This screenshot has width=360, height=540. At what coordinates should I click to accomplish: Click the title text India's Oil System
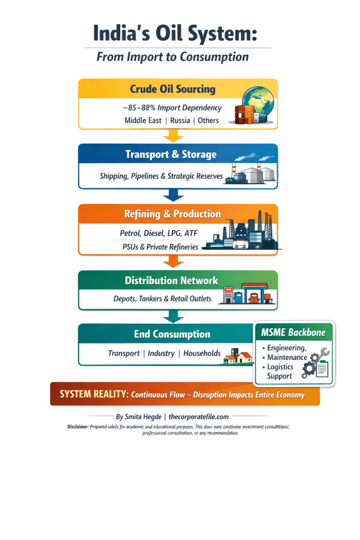click(176, 33)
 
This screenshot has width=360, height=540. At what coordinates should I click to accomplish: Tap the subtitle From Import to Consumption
click(172, 57)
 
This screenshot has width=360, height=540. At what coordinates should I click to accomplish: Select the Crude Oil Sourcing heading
click(173, 89)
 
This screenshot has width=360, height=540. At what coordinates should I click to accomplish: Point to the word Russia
click(181, 120)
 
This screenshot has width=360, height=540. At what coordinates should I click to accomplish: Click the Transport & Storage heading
click(171, 155)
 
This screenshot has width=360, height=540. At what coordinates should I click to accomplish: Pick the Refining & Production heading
click(172, 214)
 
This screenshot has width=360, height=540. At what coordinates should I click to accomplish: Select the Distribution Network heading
click(171, 281)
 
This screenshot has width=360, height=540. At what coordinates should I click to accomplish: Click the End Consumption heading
click(172, 334)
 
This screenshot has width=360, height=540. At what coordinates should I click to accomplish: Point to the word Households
click(202, 353)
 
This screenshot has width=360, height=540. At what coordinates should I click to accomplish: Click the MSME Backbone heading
click(293, 333)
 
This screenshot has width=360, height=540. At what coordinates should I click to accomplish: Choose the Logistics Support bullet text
click(280, 371)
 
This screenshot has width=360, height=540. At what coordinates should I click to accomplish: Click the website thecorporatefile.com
click(199, 417)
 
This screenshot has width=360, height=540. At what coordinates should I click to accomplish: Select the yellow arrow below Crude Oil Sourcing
click(173, 136)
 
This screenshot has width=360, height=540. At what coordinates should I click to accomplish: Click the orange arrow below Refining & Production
click(173, 261)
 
